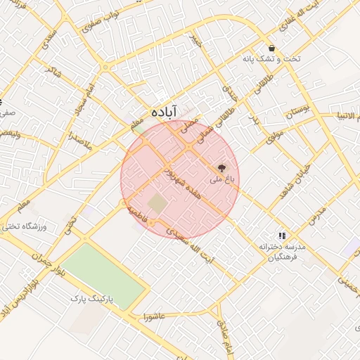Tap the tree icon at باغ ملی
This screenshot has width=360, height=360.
[x=222, y=169]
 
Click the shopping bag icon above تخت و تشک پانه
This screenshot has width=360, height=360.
[x=271, y=49]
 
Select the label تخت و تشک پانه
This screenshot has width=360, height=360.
[x=271, y=59]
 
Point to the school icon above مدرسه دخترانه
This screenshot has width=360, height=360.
[x=281, y=236]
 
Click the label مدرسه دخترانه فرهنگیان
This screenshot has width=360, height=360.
[x=280, y=252]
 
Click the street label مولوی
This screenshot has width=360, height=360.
[x=275, y=134]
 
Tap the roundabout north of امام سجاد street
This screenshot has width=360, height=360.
[x=105, y=67]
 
